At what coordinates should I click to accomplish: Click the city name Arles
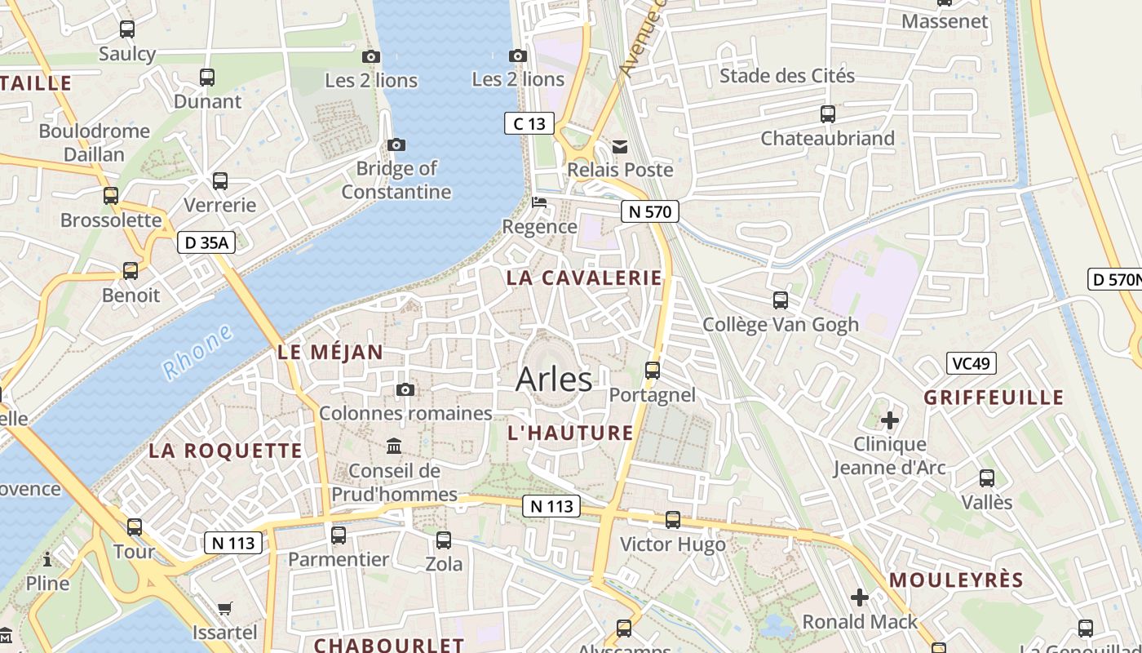click(x=554, y=380)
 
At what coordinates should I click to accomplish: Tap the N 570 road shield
click(x=649, y=212)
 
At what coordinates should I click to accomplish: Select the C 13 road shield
click(x=529, y=124)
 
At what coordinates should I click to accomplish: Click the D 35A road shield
click(x=206, y=242)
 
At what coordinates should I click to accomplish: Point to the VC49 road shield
click(x=971, y=363)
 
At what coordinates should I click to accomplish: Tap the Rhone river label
click(x=198, y=353)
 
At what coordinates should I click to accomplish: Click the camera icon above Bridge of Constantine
click(x=396, y=145)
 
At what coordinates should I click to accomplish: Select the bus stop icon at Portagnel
click(x=653, y=371)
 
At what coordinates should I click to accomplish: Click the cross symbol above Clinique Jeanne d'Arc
click(x=890, y=421)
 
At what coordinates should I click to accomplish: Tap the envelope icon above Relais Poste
click(x=620, y=147)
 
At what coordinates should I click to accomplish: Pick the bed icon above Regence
click(x=538, y=202)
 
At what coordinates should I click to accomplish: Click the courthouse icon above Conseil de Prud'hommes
click(x=395, y=446)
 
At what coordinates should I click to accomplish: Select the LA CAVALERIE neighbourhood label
click(x=584, y=278)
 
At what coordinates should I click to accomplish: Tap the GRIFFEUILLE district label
click(x=994, y=398)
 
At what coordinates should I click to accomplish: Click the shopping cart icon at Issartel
click(x=225, y=608)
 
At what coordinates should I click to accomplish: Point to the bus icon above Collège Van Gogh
click(x=781, y=300)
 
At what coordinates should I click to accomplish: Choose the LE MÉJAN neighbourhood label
click(x=330, y=353)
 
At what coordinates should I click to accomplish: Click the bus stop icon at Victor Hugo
click(x=673, y=520)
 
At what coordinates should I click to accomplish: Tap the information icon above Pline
click(x=47, y=559)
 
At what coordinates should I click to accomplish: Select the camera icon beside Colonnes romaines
click(x=405, y=389)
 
